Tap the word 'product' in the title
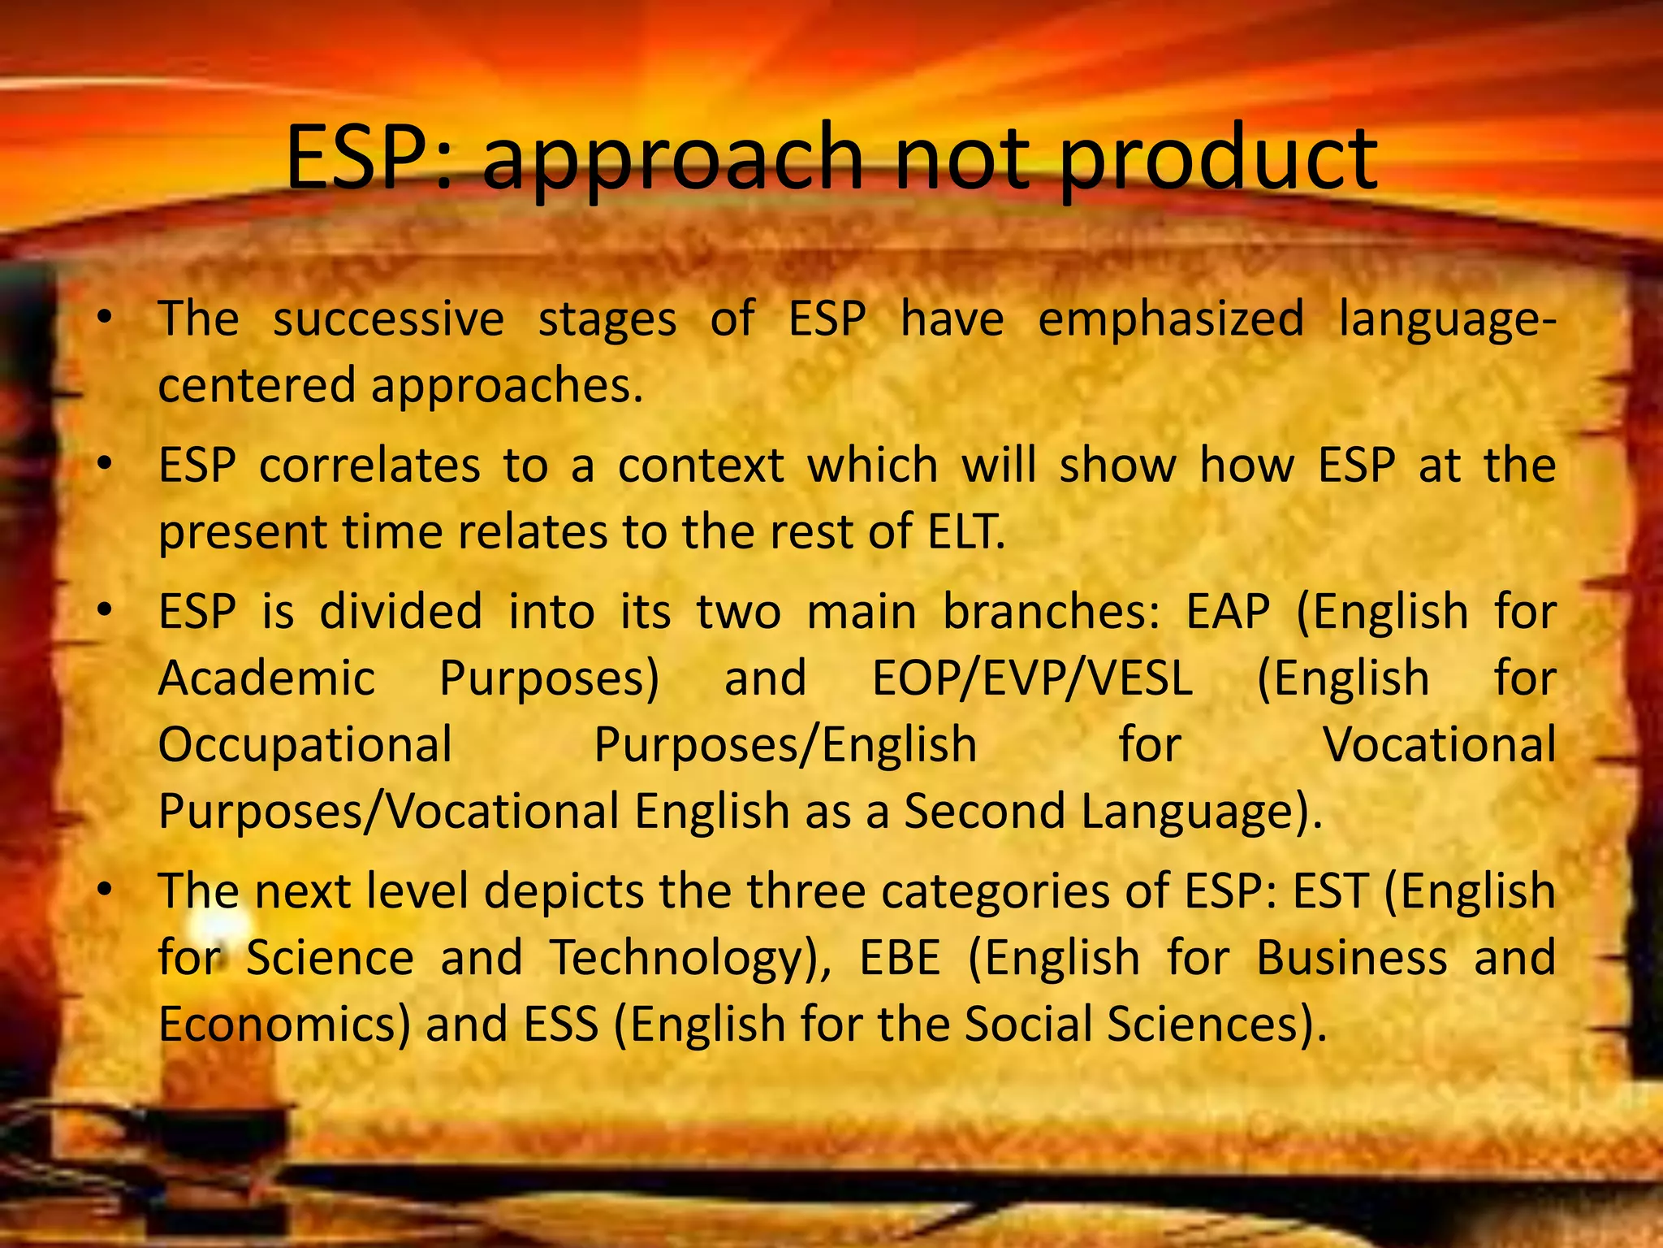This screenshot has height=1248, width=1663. tap(1218, 159)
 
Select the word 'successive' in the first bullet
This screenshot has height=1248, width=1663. tap(388, 319)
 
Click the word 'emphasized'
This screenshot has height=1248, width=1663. tap(1170, 318)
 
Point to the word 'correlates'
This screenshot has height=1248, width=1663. tap(369, 466)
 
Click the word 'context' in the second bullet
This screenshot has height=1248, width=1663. tap(701, 466)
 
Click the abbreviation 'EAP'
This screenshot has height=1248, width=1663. tap(1228, 612)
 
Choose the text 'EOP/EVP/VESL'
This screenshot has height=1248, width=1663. tap(1032, 678)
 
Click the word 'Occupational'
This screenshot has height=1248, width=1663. tap(305, 745)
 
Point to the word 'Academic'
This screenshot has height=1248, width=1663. tap(266, 678)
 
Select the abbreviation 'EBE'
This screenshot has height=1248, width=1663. tap(900, 958)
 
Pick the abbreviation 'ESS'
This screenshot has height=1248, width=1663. tap(561, 1025)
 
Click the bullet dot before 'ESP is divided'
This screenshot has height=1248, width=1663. tap(102, 612)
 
